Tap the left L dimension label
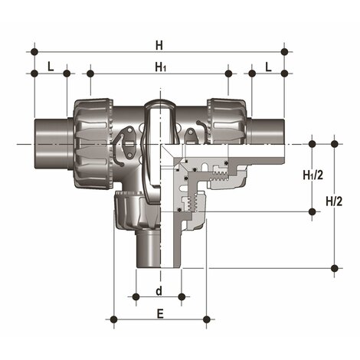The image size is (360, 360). [51, 66]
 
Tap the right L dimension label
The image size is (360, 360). [268, 66]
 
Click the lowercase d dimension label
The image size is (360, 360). [159, 290]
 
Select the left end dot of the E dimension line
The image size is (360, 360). [114, 319]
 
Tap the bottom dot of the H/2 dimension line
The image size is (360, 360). [335, 267]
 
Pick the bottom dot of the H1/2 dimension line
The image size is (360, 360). [312, 212]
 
